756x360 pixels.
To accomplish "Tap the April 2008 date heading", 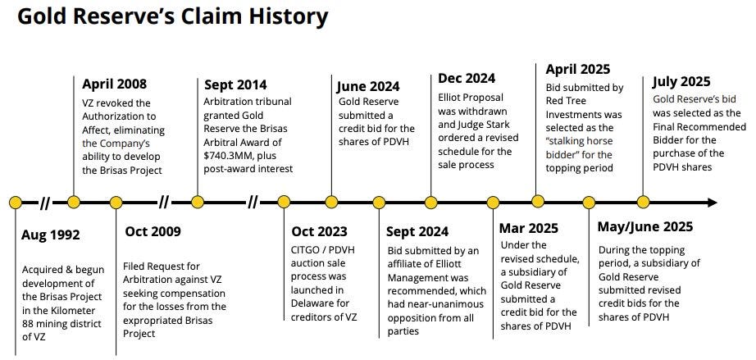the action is [116, 84].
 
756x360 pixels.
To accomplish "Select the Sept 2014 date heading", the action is [235, 84].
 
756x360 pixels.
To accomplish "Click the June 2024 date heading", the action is [368, 85].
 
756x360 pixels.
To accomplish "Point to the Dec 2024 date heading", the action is [466, 79].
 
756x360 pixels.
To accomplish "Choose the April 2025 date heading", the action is [578, 69].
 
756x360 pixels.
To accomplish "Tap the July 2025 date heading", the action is [681, 81].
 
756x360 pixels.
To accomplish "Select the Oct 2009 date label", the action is [153, 231].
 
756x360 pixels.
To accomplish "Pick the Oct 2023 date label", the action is [320, 231].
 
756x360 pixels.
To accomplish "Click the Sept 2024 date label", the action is [419, 231].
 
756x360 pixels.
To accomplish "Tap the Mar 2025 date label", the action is [531, 229].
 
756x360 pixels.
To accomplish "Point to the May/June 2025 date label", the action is [645, 226].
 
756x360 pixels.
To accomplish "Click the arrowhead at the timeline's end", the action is [712, 202].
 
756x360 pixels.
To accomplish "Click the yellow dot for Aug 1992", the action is [15, 202].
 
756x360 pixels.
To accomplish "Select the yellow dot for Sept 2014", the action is [198, 202].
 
